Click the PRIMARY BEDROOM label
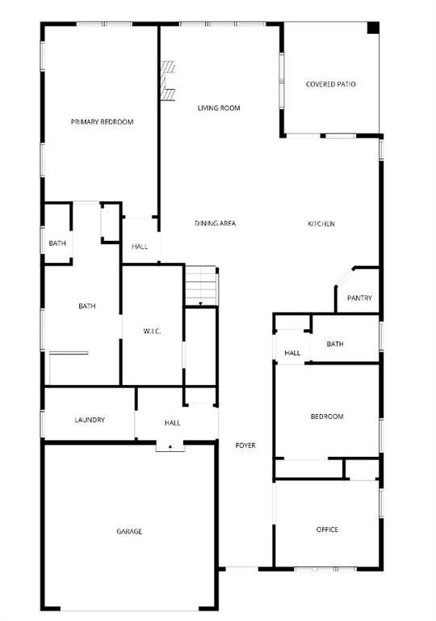click(102, 122)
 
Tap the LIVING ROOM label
click(219, 108)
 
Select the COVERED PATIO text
click(331, 84)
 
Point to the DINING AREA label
click(215, 223)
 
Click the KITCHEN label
click(321, 224)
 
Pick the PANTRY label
click(359, 298)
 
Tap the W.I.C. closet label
click(153, 331)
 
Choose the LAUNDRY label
click(90, 420)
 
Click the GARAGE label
click(129, 531)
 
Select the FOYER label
click(245, 446)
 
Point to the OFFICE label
click(327, 530)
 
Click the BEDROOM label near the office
click(327, 416)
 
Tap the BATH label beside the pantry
click(335, 344)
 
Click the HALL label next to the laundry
click(173, 423)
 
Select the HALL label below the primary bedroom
click(140, 246)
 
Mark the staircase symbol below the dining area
click(201, 285)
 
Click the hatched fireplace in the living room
click(168, 81)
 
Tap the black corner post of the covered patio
click(373, 27)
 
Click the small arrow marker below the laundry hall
click(170, 446)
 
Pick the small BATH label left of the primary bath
click(57, 243)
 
